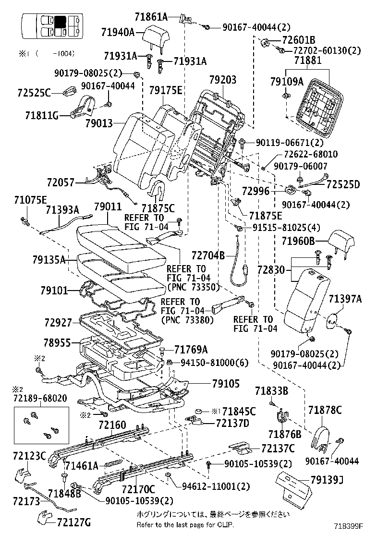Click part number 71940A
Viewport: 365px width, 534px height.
[118, 32]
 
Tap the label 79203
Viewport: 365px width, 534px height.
[223, 80]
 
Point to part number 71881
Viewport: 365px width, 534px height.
[311, 61]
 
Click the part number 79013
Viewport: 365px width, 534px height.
[98, 123]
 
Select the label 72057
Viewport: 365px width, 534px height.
[61, 182]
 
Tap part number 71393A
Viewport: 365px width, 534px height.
[62, 209]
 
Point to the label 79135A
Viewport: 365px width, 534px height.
[49, 260]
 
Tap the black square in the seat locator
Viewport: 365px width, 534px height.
[60, 22]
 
